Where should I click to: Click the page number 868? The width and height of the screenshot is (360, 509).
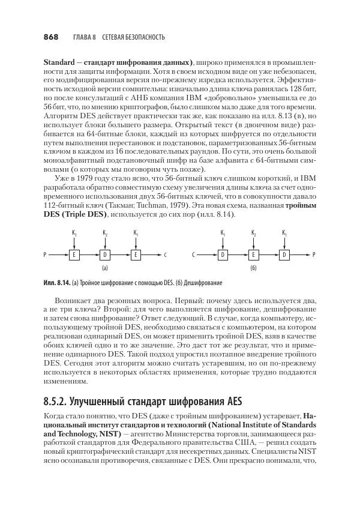(50, 37)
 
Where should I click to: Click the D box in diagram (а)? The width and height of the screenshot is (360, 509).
(105, 254)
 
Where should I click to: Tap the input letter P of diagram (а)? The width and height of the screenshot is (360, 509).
(45, 254)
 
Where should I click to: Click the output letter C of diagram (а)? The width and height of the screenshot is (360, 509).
(164, 254)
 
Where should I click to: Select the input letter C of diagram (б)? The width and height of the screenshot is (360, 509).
(194, 254)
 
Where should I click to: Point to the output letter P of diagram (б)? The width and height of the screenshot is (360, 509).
(314, 254)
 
